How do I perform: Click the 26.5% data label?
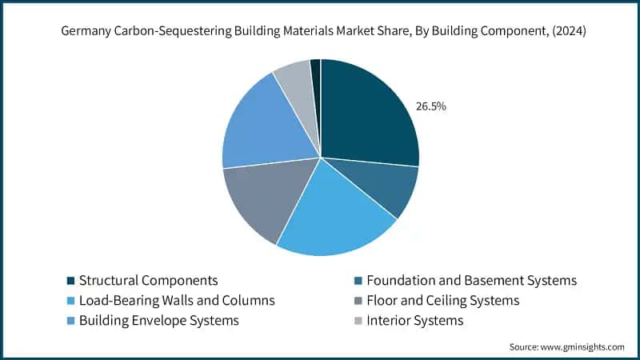pos(430,106)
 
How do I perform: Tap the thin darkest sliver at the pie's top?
pos(316,82)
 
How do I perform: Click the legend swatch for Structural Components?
pos(71,281)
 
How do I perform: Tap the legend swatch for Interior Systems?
pos(358,321)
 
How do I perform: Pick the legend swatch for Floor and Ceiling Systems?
pos(358,301)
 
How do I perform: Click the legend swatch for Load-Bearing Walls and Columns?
pos(71,301)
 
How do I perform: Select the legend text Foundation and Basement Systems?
pos(471,281)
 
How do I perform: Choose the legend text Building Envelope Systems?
pos(158,321)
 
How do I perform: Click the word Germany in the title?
pos(86,31)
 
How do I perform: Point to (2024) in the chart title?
pos(569,31)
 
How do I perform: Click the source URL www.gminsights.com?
pos(582,347)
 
